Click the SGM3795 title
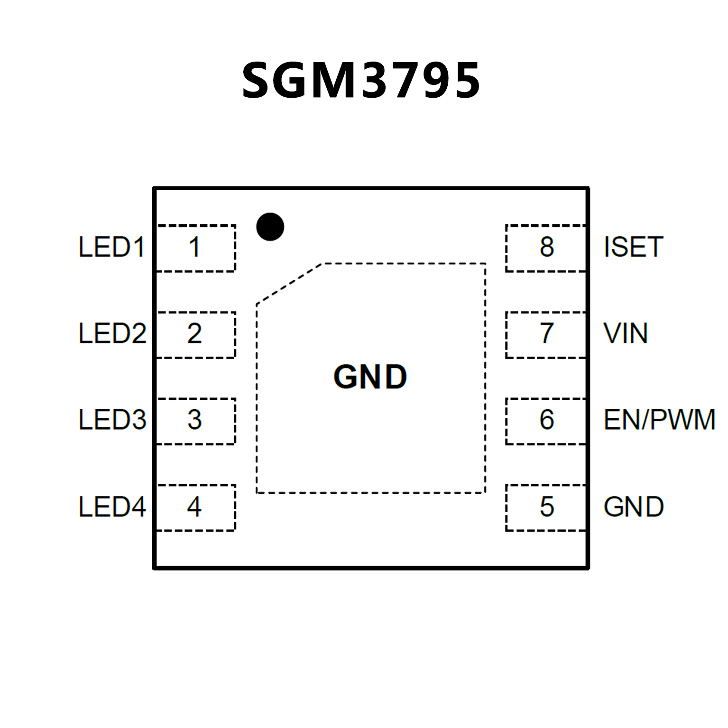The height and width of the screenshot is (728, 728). [x=361, y=81]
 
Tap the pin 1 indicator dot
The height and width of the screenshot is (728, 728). [x=270, y=227]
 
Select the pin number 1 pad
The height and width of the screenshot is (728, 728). [x=195, y=248]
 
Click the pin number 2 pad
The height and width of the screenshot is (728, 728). [x=195, y=334]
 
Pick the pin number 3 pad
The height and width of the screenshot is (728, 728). [x=195, y=421]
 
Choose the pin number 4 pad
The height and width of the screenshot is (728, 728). [x=195, y=507]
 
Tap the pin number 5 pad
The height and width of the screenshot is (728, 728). [x=546, y=507]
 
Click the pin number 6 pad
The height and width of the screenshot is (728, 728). [x=546, y=421]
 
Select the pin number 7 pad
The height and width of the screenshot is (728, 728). [x=546, y=334]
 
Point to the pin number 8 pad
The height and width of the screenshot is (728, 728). [x=546, y=248]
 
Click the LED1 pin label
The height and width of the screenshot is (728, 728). [x=111, y=248]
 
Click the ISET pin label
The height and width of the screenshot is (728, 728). [x=633, y=248]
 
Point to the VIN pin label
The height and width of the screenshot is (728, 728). [x=626, y=334]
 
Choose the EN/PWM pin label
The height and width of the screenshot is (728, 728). [x=659, y=420]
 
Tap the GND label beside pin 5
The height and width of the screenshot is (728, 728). [x=634, y=507]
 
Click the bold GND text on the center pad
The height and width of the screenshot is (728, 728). [x=370, y=378]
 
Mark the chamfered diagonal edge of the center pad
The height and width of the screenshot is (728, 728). [x=289, y=284]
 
